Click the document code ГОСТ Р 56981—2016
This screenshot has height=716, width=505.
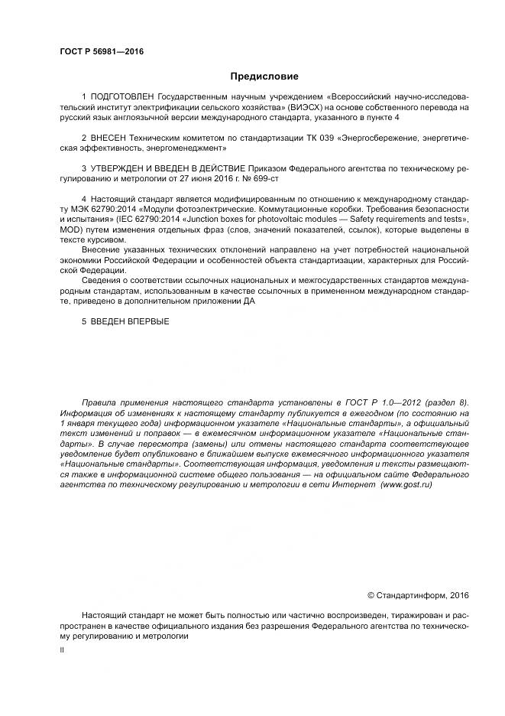[102, 52]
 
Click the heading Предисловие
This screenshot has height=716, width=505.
[264, 76]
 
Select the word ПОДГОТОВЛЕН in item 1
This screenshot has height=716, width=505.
[122, 99]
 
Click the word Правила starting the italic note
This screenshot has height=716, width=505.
[101, 402]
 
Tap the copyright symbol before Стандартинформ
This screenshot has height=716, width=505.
[372, 594]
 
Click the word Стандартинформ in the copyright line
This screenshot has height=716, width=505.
[412, 594]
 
